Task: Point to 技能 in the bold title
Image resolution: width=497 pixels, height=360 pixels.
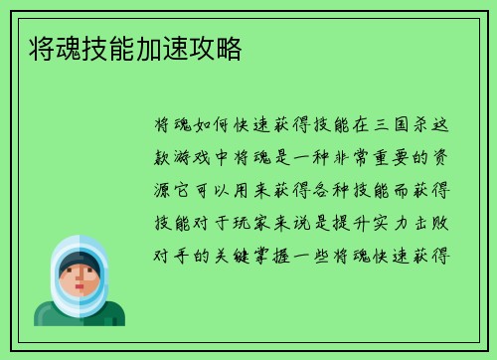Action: (x=107, y=48)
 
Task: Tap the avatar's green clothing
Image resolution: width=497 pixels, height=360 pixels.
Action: (x=79, y=315)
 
